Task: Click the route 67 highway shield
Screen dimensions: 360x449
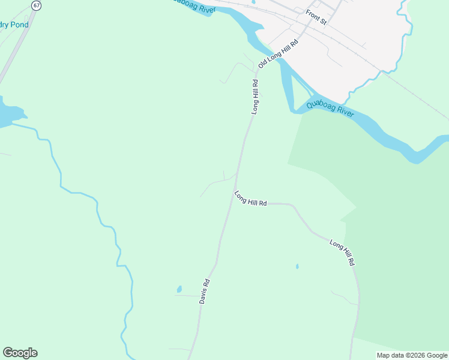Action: tap(37, 5)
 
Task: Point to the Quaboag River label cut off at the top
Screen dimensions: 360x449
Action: tap(193, 5)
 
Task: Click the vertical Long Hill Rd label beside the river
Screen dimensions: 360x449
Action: tap(255, 97)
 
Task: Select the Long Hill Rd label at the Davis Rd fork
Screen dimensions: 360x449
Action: tap(251, 199)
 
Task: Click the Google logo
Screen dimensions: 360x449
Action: tap(20, 353)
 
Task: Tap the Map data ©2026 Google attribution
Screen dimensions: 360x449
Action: tap(412, 355)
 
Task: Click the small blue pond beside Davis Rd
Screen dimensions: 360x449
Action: tap(179, 290)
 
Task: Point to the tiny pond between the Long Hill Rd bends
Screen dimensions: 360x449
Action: tap(297, 266)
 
